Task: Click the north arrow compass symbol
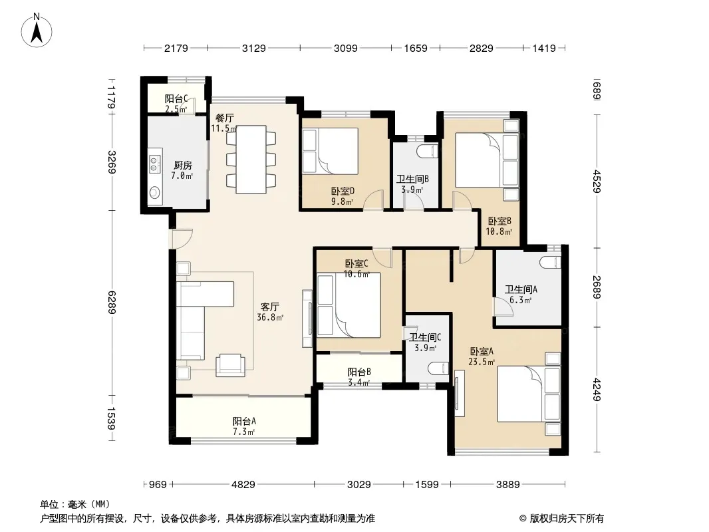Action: pos(37,31)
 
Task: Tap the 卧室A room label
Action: pos(482,351)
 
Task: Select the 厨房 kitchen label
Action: pos(183,166)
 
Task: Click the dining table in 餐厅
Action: pos(251,159)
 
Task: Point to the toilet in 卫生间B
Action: pos(428,152)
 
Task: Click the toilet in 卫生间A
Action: pos(551,263)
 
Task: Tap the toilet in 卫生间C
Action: pos(438,368)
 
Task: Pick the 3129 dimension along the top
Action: pos(253,48)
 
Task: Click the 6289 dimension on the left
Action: pos(112,303)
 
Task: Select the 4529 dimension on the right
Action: pos(597,182)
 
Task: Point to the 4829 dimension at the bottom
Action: pos(243,485)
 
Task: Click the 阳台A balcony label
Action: pos(244,421)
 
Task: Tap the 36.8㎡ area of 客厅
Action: pos(270,317)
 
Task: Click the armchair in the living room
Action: pos(231,365)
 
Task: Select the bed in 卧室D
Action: pos(331,151)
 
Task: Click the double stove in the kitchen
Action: pos(154,164)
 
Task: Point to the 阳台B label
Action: pos(359,372)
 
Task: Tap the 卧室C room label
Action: pos(356,263)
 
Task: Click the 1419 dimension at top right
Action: pos(544,48)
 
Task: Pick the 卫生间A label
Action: pos(521,289)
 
